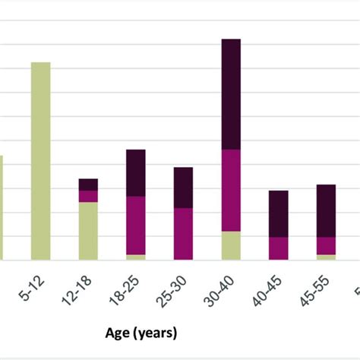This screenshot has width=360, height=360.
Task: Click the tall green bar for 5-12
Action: [x=40, y=161]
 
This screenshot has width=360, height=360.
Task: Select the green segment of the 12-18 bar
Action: [x=88, y=231]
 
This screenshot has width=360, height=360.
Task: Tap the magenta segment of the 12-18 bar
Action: [x=88, y=196]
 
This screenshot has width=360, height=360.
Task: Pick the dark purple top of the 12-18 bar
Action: [x=88, y=185]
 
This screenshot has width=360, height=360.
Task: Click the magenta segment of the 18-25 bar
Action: [x=136, y=226]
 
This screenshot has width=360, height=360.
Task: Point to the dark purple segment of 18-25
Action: [x=136, y=173]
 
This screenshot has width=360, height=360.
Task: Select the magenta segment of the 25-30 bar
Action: [x=183, y=234]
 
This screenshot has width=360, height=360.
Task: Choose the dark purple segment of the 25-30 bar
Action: [x=183, y=188]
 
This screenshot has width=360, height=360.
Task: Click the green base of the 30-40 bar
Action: [x=231, y=245]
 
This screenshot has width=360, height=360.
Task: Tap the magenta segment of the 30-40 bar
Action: [x=231, y=191]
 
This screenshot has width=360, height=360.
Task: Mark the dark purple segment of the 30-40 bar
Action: [x=231, y=94]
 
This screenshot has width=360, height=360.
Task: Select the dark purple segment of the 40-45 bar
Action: [x=279, y=213]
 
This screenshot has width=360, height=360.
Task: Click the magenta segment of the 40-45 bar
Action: [x=279, y=248]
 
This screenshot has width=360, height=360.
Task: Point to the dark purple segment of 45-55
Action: [x=326, y=210]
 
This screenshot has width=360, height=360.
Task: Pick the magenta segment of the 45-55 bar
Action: [x=326, y=245]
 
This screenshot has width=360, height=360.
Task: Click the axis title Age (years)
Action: [x=141, y=332]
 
